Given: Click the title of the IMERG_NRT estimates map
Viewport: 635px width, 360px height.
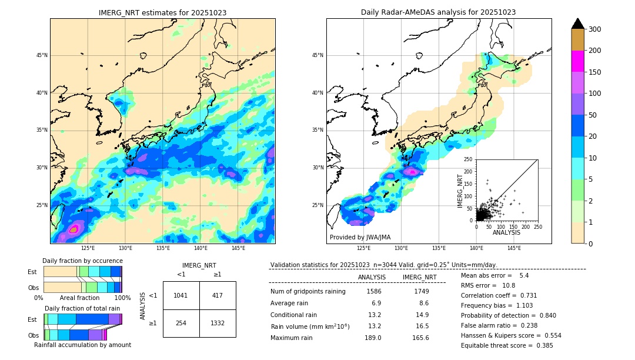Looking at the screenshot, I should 162,12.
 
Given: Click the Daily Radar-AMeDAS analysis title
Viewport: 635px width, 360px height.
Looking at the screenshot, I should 438,12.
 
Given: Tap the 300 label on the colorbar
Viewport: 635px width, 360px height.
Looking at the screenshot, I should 595,29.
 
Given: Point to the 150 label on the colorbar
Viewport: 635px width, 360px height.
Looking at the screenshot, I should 595,72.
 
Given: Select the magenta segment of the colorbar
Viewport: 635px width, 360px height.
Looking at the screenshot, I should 577,61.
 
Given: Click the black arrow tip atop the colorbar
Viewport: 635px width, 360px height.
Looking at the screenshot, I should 577,23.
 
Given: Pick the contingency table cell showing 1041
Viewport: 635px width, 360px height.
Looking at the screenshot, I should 181,295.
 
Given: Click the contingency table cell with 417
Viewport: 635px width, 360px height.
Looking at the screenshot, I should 218,295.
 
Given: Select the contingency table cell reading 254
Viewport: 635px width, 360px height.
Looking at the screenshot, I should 181,323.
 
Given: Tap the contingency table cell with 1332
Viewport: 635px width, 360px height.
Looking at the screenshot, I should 218,323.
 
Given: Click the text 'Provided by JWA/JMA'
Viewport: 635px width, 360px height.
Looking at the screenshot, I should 360,237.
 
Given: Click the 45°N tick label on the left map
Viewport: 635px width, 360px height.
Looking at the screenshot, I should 41,55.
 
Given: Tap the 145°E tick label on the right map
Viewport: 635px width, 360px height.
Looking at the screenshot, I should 514,249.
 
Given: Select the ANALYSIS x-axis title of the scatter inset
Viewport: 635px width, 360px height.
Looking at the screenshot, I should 506,232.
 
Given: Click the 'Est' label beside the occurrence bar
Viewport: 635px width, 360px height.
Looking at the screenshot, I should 32,272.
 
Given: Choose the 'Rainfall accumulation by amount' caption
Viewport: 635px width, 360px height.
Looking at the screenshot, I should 82,345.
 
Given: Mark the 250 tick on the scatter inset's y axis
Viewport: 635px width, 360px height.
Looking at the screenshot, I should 469,159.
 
